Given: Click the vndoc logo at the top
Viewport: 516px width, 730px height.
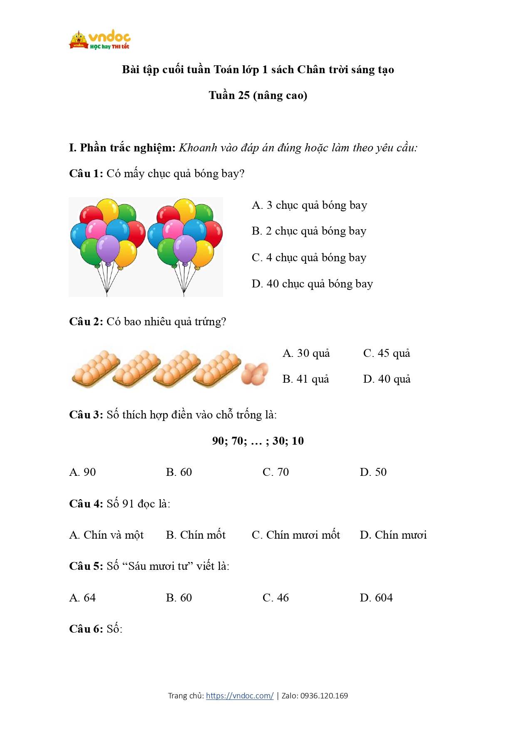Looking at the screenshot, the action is pos(100,40).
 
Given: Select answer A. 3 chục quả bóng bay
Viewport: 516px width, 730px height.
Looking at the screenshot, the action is pos(309,205).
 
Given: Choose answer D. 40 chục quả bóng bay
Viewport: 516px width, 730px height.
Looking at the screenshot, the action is pos(312,284).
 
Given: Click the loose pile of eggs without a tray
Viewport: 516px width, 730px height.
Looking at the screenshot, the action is pos(255,374).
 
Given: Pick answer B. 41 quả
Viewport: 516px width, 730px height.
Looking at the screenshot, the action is pos(305,379).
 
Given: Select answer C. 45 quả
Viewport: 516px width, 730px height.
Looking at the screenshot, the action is pos(387,354).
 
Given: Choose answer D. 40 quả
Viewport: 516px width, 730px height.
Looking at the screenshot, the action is pos(387,379).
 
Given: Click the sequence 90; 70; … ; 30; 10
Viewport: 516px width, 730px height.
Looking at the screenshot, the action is pos(258,441).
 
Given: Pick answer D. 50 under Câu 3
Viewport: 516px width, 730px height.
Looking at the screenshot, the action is pos(373,473).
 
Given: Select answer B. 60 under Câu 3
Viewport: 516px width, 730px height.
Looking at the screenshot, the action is pos(179,473).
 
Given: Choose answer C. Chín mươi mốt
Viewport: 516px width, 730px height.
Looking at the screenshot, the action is pos(296,535).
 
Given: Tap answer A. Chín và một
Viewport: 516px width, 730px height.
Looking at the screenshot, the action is pos(106,535).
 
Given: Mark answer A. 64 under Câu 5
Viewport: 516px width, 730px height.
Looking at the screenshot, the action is pos(82,598).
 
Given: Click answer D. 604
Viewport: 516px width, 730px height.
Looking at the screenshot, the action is pos(376,598).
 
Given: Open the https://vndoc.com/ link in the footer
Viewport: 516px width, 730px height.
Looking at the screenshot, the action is pos(240,696).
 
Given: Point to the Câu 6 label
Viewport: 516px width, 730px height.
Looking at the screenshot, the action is pos(86,629).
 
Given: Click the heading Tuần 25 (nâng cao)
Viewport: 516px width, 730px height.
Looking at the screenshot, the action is pos(258,96).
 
